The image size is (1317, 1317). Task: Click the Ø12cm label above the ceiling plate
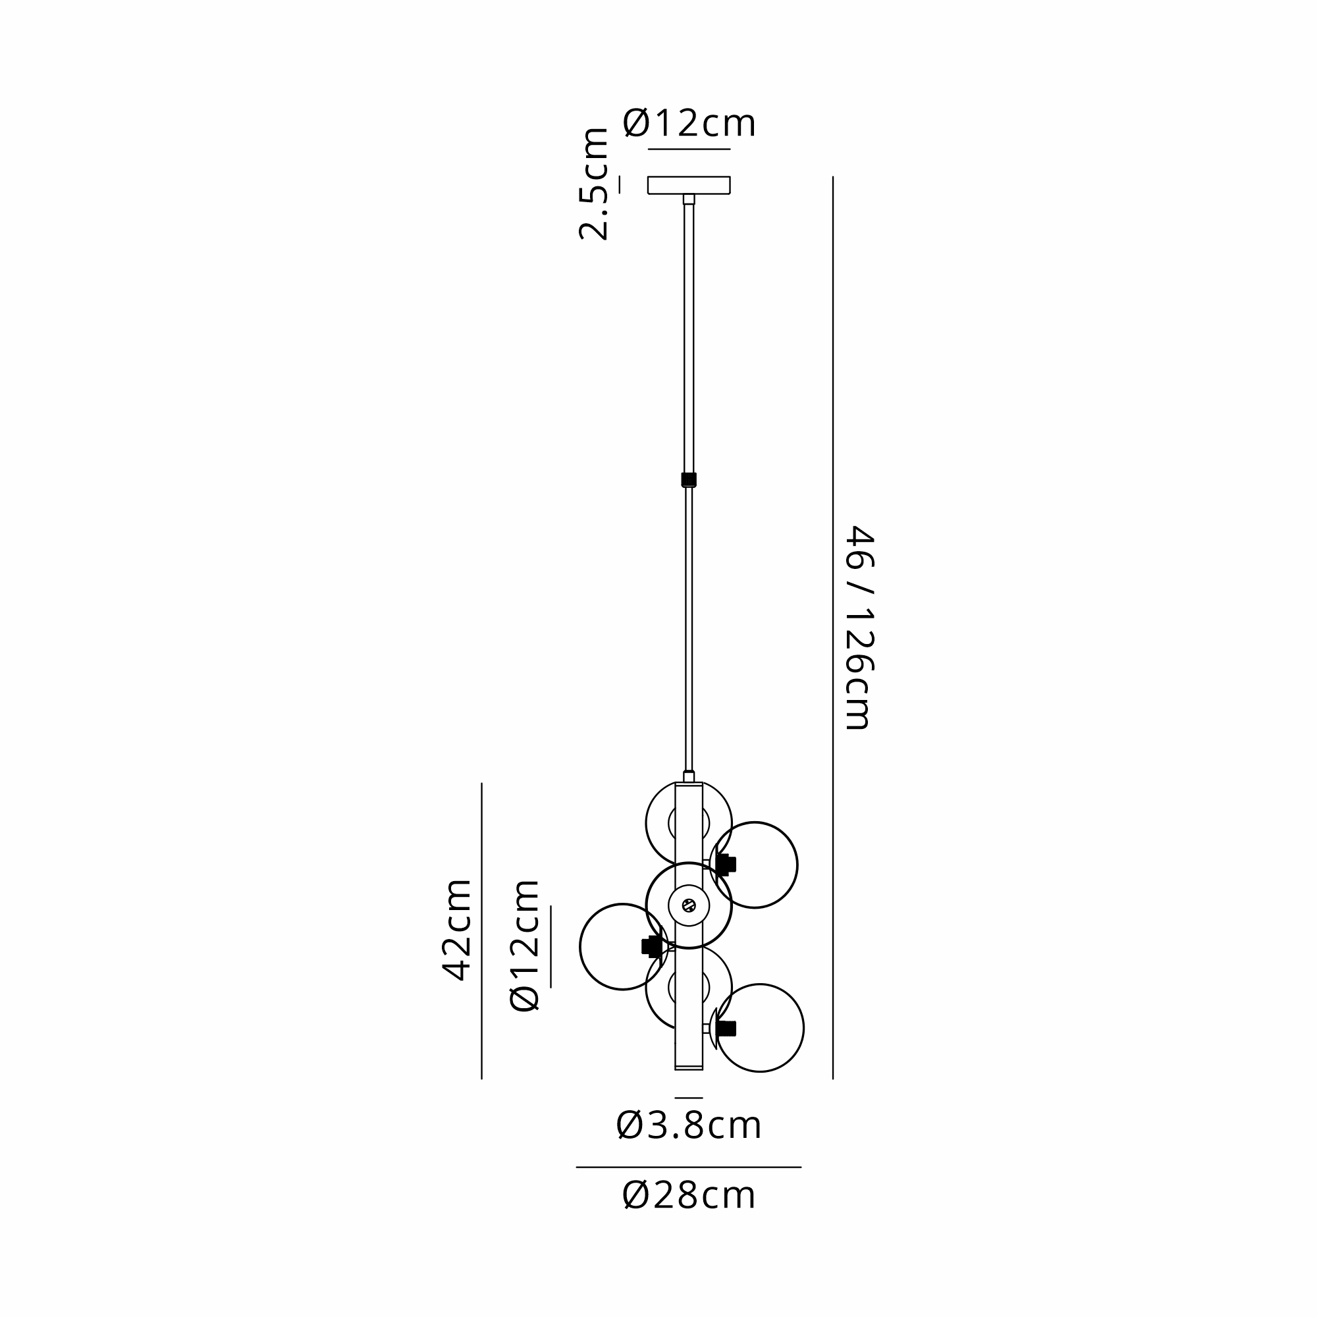point(689,124)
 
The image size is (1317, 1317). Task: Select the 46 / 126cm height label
point(859,628)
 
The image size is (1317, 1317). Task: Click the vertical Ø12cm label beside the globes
point(525,945)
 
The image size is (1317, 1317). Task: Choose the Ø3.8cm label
point(689,1125)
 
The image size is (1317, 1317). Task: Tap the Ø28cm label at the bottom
point(689,1196)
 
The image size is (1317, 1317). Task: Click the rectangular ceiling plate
point(689,185)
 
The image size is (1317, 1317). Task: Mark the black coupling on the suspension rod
point(689,479)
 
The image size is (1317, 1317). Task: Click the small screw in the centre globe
point(689,905)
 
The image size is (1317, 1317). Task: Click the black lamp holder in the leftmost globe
point(651,946)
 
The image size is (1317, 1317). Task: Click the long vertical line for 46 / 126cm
point(832,628)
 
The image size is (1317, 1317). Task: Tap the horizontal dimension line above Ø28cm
point(689,1167)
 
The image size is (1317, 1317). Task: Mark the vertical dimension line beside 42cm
point(482,930)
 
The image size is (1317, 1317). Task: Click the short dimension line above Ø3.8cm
point(689,1098)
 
